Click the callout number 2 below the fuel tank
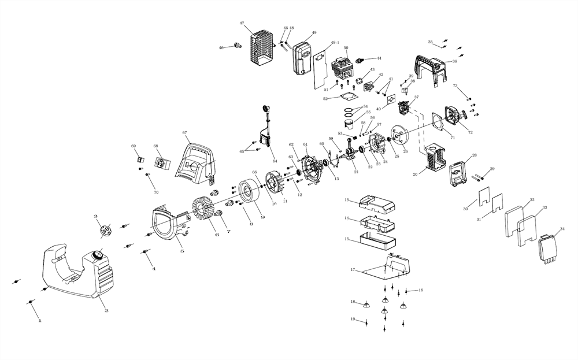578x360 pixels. tap(107, 311)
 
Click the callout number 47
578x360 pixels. tap(242, 23)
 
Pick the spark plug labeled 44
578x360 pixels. tap(363, 59)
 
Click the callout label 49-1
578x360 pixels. tap(335, 43)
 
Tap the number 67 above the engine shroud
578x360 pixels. tap(184, 133)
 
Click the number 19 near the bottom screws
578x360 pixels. tap(352, 319)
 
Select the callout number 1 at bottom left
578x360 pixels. tap(39, 320)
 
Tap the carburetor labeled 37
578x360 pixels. tap(405, 107)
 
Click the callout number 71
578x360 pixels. tap(453, 138)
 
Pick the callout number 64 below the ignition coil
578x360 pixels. tap(275, 161)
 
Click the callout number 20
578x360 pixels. tap(414, 174)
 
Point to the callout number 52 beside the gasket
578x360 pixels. tap(325, 99)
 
